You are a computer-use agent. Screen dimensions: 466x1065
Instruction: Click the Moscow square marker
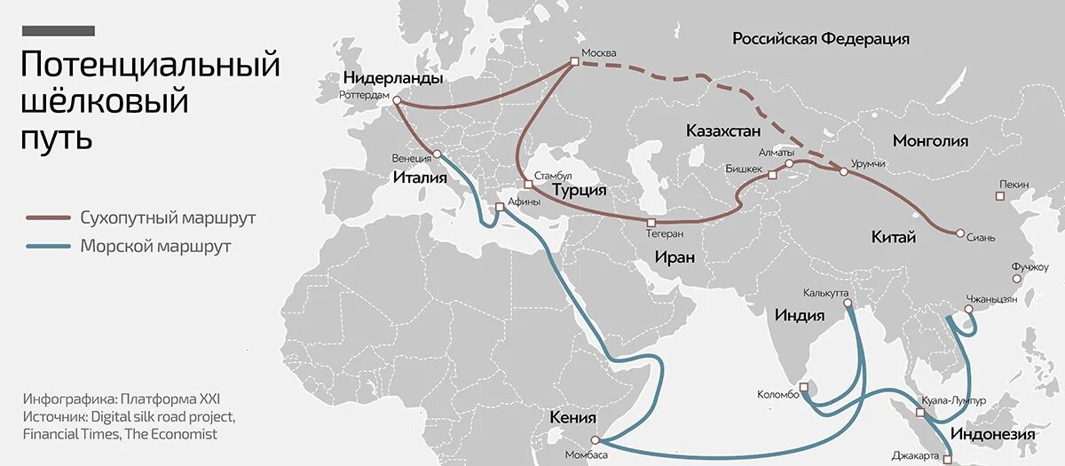coord(574,62)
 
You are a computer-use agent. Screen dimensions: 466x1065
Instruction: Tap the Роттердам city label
coord(365,95)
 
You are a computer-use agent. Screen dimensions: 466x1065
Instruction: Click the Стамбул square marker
coord(528,185)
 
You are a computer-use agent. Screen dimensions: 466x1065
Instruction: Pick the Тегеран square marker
coord(651,222)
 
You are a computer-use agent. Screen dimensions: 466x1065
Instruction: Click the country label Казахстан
coord(723,131)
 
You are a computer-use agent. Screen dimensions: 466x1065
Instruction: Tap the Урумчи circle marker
coord(844,171)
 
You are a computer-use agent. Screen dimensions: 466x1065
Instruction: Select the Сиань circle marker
coord(960,233)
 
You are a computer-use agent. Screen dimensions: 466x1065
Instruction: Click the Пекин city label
coord(1014,185)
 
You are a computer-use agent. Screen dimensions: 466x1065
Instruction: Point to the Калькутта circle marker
coord(848,304)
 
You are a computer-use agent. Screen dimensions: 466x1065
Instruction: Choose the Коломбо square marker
coord(803,387)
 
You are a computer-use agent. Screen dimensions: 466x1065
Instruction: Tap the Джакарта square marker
coord(947,459)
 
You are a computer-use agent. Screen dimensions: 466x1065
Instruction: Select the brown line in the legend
coord(48,217)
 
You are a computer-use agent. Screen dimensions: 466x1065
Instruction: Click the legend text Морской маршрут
coord(155,247)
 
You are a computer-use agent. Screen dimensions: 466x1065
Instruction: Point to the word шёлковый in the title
coord(104,101)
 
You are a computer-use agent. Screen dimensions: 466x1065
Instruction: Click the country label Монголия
coord(930,141)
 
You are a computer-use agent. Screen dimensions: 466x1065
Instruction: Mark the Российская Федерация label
coord(821,39)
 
